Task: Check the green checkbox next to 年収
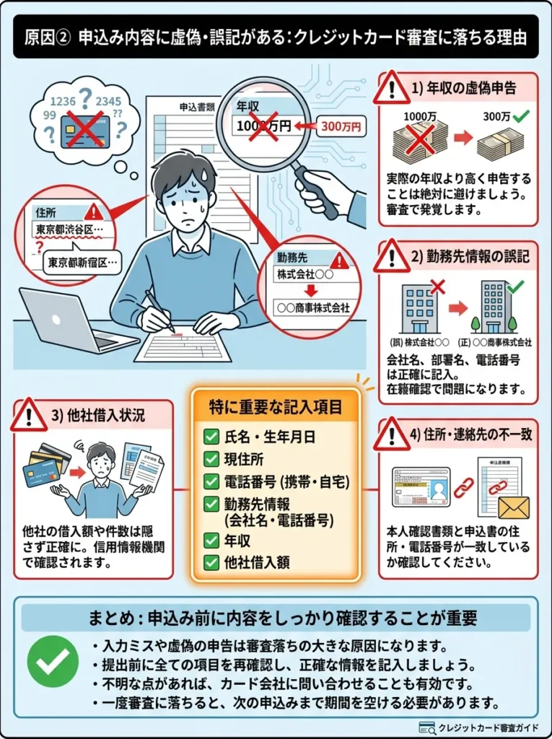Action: (211, 538)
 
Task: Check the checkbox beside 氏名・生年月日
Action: (211, 437)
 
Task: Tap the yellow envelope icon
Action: (513, 507)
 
